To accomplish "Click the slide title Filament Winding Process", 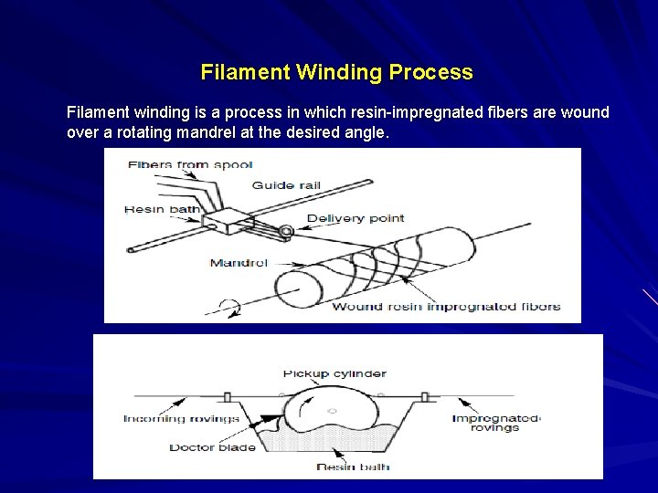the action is coord(336,72).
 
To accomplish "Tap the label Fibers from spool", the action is coord(189,164).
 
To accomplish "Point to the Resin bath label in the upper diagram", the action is coord(162,210).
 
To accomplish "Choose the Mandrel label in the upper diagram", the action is coord(239,263).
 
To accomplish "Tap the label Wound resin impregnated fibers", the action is coord(445,307).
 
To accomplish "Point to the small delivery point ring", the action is coord(287,233).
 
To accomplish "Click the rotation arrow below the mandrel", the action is coord(234,308).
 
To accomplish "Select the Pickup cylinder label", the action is coord(334,373).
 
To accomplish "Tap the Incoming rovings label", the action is coord(181,419).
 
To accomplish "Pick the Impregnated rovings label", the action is coord(495,423).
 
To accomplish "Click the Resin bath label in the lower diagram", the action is coord(353,467).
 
